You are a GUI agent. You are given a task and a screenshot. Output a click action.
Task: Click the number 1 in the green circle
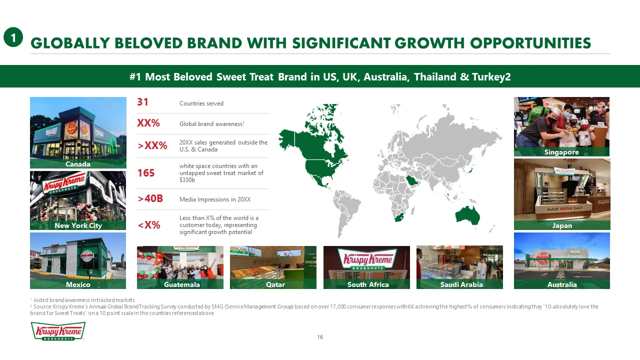pyautogui.click(x=13, y=37)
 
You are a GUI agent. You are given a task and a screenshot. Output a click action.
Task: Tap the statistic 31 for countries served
pyautogui.click(x=142, y=102)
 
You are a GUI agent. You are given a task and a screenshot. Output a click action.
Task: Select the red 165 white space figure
pyautogui.click(x=146, y=173)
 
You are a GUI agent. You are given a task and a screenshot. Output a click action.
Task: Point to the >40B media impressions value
pyautogui.click(x=150, y=198)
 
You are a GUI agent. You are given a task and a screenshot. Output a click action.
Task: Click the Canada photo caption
pyautogui.click(x=77, y=164)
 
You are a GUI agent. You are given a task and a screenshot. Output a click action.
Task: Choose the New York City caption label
pyautogui.click(x=78, y=225)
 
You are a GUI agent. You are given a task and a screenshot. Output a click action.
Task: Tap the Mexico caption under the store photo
pyautogui.click(x=78, y=284)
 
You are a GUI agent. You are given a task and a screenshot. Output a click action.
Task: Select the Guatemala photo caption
pyautogui.click(x=181, y=284)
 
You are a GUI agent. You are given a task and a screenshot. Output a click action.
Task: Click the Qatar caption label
pyautogui.click(x=275, y=284)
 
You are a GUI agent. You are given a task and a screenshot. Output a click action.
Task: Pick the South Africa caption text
pyautogui.click(x=368, y=284)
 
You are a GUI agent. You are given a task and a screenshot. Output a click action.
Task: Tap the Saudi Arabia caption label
pyautogui.click(x=461, y=284)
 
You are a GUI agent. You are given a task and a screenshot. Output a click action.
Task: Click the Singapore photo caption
pyautogui.click(x=561, y=152)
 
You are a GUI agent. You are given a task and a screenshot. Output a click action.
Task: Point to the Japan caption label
pyautogui.click(x=562, y=225)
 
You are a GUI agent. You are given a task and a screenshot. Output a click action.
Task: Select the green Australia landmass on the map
pyautogui.click(x=467, y=215)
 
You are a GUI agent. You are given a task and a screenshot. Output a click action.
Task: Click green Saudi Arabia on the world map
pyautogui.click(x=411, y=180)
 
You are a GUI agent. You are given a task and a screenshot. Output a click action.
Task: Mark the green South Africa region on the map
pyautogui.click(x=399, y=217)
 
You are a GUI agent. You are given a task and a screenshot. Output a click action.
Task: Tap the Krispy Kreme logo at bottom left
pyautogui.click(x=58, y=331)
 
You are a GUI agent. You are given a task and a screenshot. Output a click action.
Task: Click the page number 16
pyautogui.click(x=320, y=337)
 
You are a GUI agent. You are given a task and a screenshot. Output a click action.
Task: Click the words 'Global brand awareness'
pyautogui.click(x=211, y=124)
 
